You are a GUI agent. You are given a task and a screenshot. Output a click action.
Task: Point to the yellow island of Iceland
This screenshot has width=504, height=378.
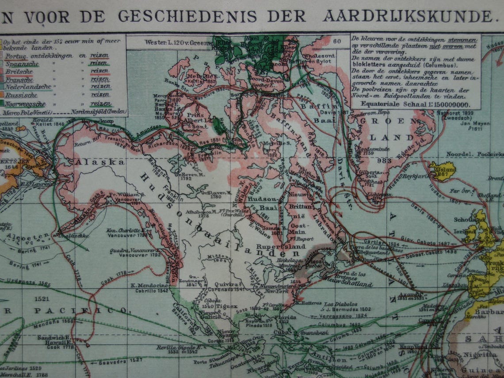coord(443,170)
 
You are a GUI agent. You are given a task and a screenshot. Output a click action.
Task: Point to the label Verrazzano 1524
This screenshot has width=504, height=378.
coord(342,316)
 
